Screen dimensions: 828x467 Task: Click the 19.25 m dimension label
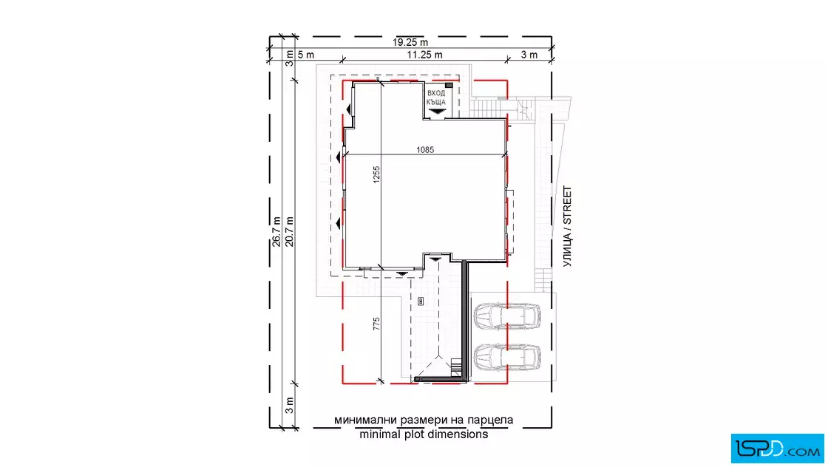tap(410, 42)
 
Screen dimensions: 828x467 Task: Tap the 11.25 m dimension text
tap(424, 55)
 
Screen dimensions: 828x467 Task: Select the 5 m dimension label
tap(306, 55)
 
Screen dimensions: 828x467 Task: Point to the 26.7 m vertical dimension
tap(276, 232)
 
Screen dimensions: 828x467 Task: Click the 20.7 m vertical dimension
tap(289, 232)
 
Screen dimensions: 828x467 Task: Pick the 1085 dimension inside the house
tap(425, 150)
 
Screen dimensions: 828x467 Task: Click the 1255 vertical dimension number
tap(376, 174)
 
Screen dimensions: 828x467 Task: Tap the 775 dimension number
tap(376, 324)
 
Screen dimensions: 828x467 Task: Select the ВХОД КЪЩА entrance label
tap(436, 98)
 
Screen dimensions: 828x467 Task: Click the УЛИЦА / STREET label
tap(567, 226)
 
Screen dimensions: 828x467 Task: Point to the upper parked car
tap(507, 316)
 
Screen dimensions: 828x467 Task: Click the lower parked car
tap(507, 357)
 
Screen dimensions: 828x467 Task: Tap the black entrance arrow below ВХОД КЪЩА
tap(437, 112)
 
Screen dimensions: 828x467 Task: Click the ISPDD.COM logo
tap(777, 449)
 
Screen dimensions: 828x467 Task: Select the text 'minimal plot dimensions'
tap(424, 434)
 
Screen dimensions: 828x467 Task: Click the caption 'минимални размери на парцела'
tap(424, 420)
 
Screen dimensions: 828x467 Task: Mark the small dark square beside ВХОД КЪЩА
tap(449, 85)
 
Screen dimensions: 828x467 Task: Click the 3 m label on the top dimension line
tap(529, 55)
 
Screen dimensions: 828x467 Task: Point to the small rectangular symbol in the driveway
tap(421, 301)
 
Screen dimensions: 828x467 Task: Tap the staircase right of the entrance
tap(485, 108)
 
